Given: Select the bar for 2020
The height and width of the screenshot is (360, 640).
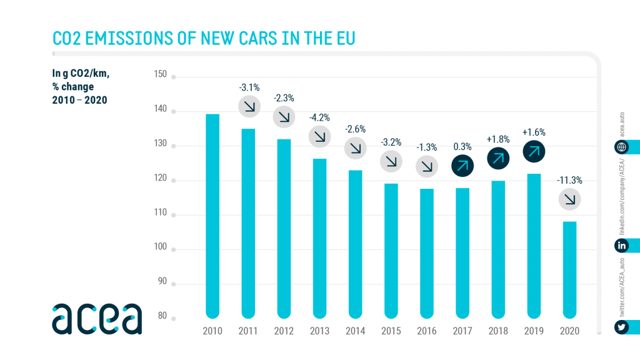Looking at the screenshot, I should click(569, 268).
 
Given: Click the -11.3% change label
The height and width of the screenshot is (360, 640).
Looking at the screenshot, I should click(569, 181).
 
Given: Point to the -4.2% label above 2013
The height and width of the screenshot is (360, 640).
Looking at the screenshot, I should click(319, 117).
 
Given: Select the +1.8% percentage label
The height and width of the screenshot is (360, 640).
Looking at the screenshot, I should click(497, 139).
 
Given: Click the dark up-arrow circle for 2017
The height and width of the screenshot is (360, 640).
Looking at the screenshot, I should click(462, 166).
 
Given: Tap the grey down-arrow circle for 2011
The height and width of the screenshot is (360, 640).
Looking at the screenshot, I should click(249, 106).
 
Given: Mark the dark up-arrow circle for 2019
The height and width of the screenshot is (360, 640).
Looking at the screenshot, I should click(534, 151).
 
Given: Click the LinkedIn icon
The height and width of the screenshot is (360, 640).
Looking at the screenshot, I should click(622, 246).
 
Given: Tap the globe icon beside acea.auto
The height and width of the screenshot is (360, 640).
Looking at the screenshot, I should click(622, 147).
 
